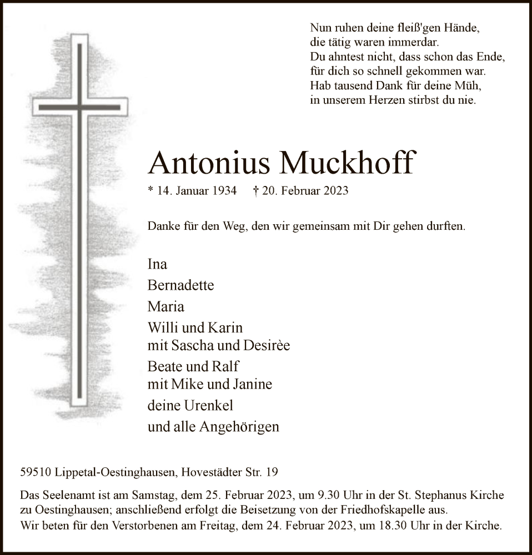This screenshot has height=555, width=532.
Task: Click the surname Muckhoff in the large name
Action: pos(348,163)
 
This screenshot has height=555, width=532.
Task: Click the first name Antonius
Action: pos(209,163)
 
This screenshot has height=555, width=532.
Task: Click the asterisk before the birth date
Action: pos(150,190)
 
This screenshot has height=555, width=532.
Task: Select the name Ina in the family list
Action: pos(157,264)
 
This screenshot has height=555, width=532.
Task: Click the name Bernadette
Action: pos(180,285)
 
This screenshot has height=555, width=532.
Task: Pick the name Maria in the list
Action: pos(165,306)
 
